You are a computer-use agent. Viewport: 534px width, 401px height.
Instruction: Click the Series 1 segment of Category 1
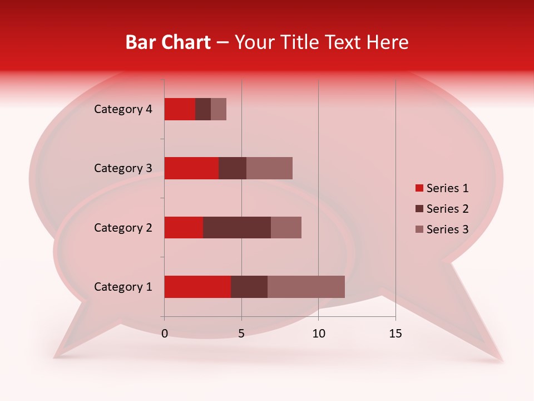pyautogui.click(x=197, y=287)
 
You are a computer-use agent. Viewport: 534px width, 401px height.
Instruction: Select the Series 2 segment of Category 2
pyautogui.click(x=237, y=227)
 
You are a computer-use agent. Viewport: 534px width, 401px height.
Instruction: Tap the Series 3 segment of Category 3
pyautogui.click(x=269, y=168)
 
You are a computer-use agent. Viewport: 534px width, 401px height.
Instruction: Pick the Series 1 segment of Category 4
pyautogui.click(x=180, y=109)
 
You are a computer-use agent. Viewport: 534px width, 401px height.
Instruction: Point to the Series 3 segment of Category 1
pyautogui.click(x=306, y=287)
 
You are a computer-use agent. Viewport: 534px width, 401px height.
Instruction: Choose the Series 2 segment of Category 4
pyautogui.click(x=203, y=109)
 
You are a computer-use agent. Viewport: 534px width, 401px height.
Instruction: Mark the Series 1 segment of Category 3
pyautogui.click(x=191, y=168)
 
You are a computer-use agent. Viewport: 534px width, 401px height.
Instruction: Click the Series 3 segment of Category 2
pyautogui.click(x=286, y=227)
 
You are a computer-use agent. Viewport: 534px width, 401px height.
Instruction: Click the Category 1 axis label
pyautogui.click(x=123, y=287)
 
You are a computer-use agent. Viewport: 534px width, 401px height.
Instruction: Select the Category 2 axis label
pyautogui.click(x=123, y=227)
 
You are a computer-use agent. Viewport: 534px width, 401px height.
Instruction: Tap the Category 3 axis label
pyautogui.click(x=123, y=168)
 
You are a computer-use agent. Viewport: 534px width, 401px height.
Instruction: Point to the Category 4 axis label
pyautogui.click(x=123, y=109)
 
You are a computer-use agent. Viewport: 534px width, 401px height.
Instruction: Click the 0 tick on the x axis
pyautogui.click(x=165, y=334)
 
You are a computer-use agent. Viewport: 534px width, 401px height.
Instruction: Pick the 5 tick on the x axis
pyautogui.click(x=241, y=334)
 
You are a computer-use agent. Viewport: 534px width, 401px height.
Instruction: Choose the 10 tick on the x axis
pyautogui.click(x=318, y=334)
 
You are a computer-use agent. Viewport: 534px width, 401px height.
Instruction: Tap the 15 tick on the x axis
pyautogui.click(x=395, y=334)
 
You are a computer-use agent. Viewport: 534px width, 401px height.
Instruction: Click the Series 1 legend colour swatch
pyautogui.click(x=419, y=188)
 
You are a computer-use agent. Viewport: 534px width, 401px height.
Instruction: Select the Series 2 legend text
pyautogui.click(x=447, y=209)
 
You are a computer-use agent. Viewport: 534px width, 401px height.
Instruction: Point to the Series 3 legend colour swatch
pyautogui.click(x=419, y=229)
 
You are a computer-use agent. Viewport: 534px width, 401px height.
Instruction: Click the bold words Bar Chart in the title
pyautogui.click(x=168, y=42)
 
